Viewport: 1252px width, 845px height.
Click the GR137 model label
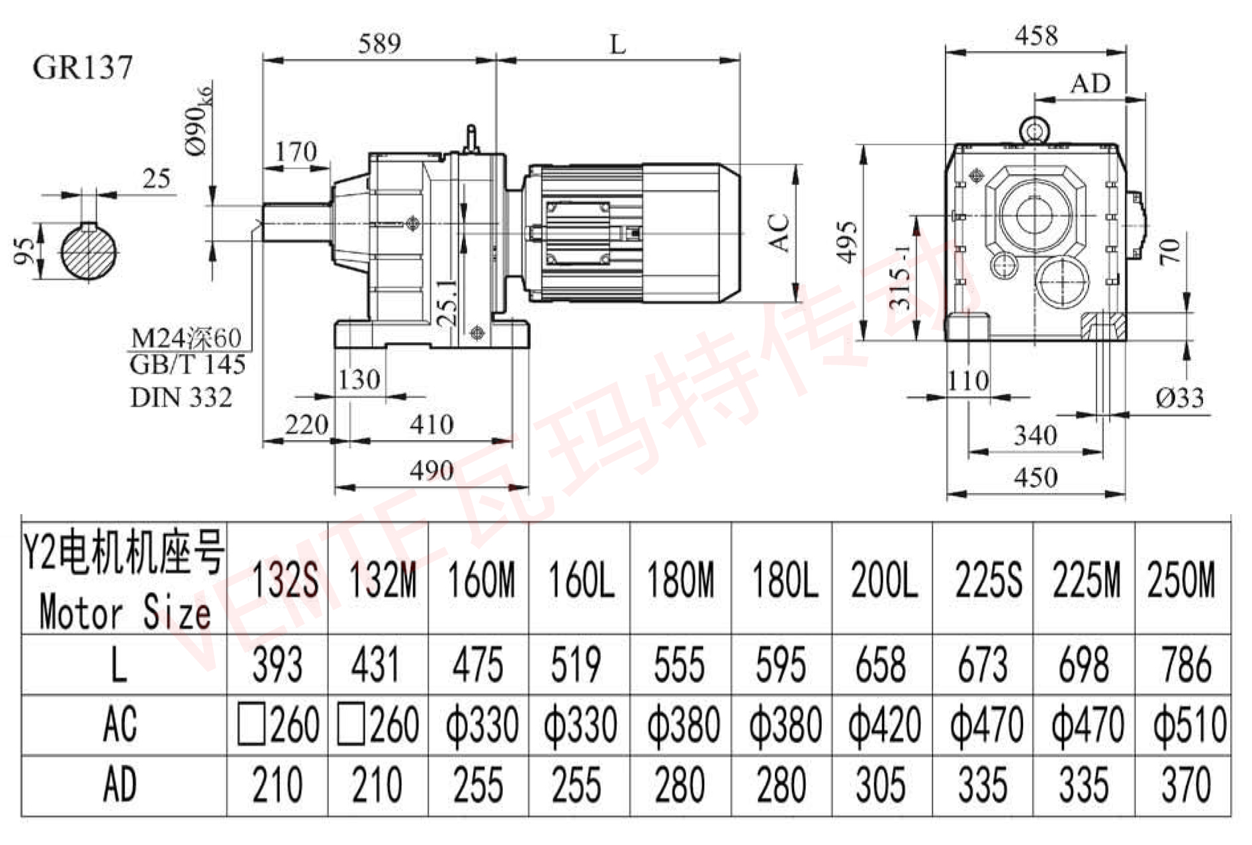coord(83,67)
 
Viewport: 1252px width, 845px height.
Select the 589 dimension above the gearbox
coord(379,44)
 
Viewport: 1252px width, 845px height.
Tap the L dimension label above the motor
coord(617,45)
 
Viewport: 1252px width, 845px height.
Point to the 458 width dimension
coord(1036,35)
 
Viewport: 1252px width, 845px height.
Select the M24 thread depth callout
coord(186,338)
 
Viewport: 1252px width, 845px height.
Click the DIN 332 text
coord(181,398)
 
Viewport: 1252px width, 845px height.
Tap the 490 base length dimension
coord(431,470)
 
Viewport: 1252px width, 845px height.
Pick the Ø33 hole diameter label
coord(1179,398)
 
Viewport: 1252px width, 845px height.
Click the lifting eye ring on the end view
coord(1034,130)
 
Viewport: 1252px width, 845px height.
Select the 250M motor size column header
coord(1181,580)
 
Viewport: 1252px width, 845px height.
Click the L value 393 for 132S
coord(277,665)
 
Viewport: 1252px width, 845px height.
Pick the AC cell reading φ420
coord(884,725)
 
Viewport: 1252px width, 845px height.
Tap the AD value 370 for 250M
coord(1185,785)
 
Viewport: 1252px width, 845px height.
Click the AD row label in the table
coord(120,785)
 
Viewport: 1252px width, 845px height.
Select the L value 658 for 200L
coord(880,665)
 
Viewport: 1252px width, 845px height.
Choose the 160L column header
coord(580,580)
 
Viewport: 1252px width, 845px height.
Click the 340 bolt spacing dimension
coord(1035,435)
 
